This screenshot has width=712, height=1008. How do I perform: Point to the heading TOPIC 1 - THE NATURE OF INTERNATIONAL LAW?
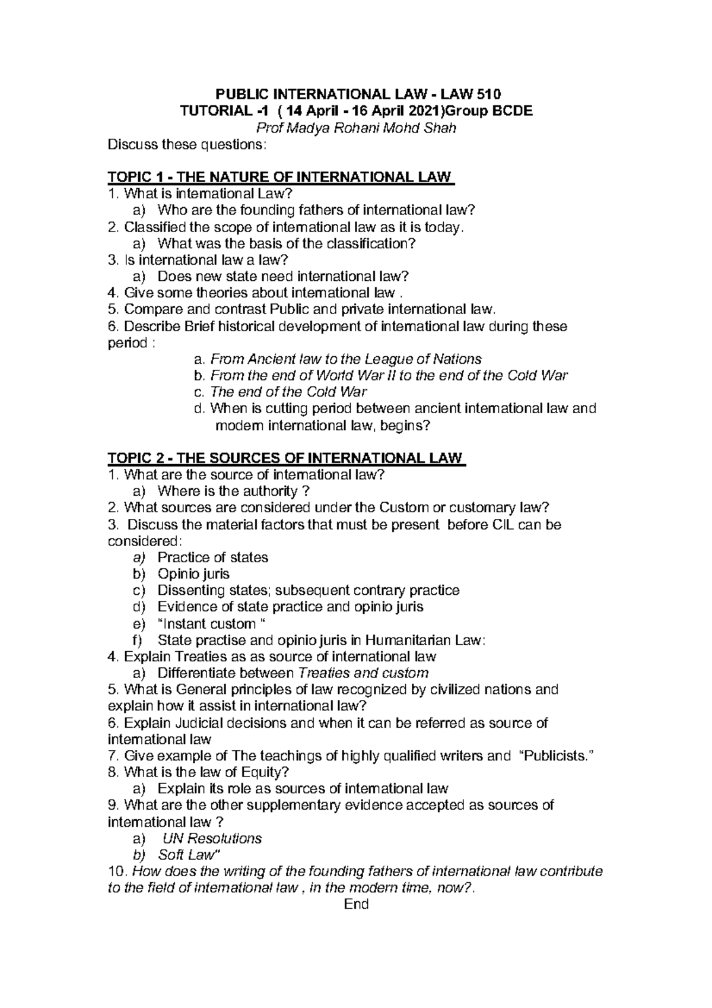pos(279,177)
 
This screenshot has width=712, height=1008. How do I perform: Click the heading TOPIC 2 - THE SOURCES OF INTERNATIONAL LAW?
pos(286,458)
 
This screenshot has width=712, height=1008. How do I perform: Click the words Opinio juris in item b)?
pos(193,574)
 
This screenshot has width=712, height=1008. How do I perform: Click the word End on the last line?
pos(356,904)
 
